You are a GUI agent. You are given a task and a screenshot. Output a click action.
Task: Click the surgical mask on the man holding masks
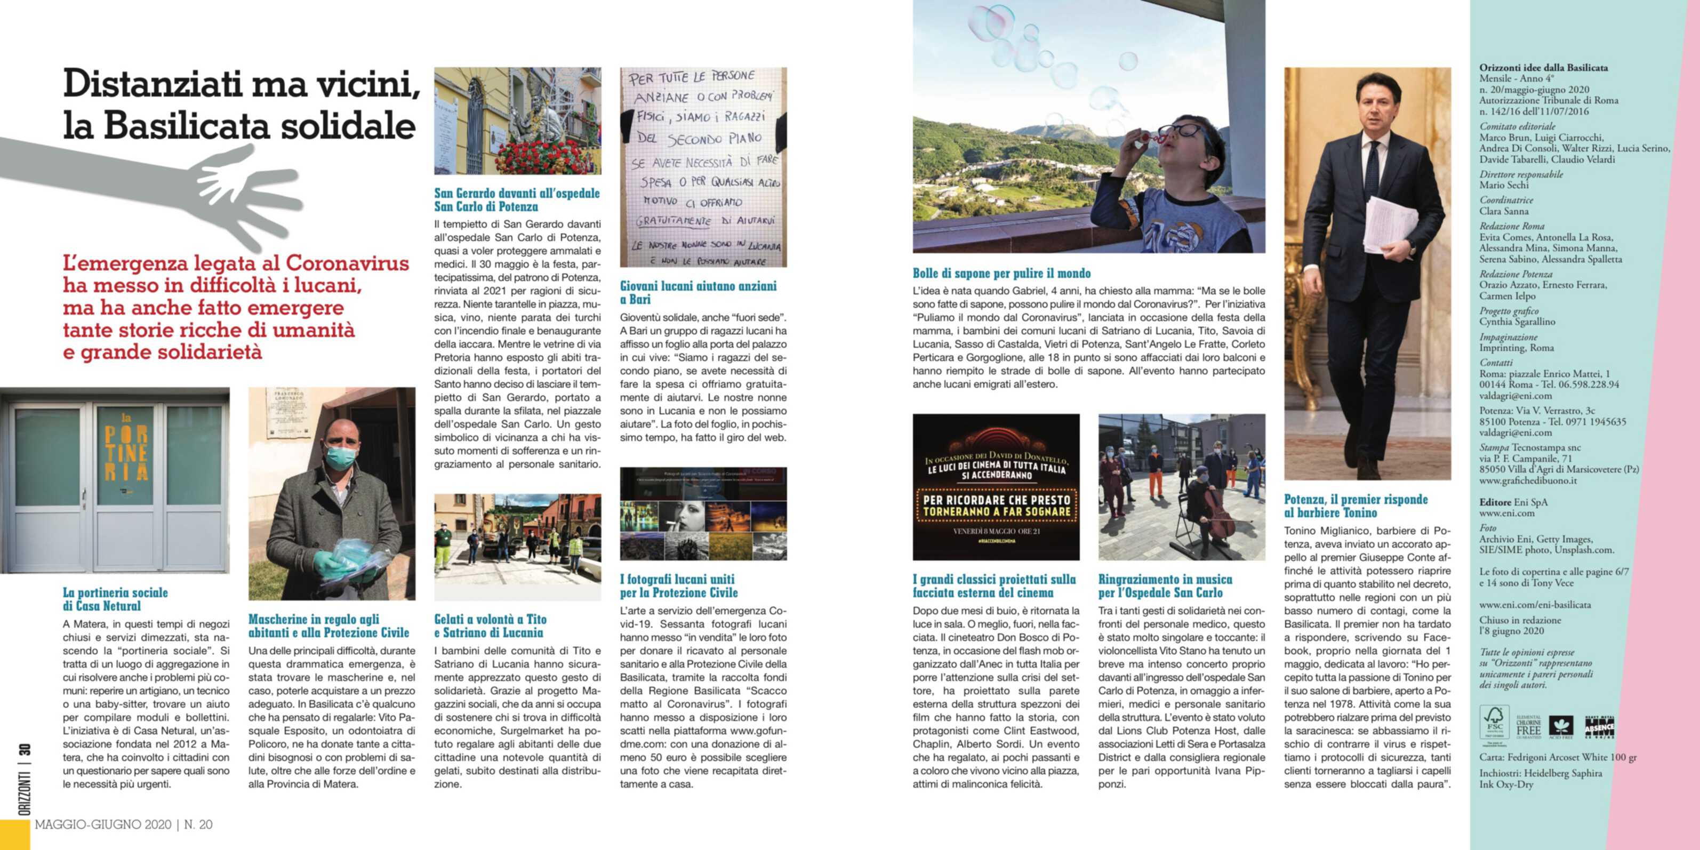(x=341, y=456)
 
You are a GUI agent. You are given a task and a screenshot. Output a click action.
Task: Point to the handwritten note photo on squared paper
(x=703, y=167)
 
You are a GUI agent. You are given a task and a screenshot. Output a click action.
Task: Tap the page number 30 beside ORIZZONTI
(x=25, y=750)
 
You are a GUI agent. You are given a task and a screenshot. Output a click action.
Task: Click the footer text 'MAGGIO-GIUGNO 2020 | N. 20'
(x=123, y=824)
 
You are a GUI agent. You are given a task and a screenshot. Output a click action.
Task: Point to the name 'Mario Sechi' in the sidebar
(x=1503, y=185)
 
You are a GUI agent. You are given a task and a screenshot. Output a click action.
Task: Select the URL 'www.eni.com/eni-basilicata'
(x=1534, y=605)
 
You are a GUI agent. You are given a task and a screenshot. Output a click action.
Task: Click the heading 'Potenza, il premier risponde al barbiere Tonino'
(x=1355, y=506)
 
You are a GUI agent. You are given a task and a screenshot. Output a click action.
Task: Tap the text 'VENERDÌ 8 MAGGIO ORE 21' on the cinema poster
(x=996, y=531)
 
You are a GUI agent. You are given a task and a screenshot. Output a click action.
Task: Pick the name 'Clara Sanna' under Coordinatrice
(x=1503, y=211)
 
